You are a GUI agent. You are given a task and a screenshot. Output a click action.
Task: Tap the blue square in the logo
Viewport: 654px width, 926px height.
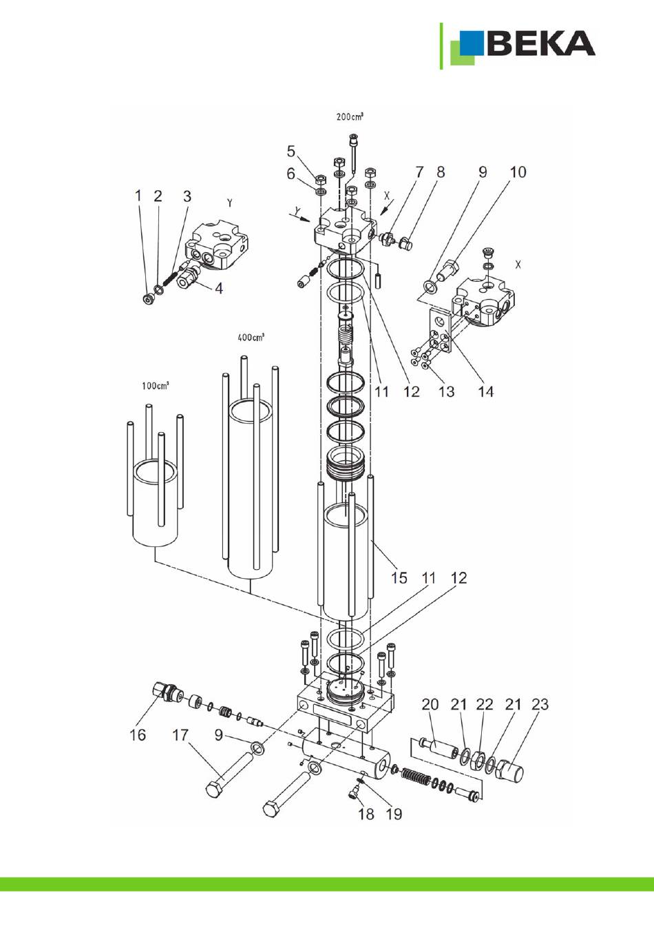[472, 43]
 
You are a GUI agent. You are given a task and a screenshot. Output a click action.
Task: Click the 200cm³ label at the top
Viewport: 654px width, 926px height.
[350, 117]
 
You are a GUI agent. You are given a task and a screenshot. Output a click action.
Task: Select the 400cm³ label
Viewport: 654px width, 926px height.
[251, 338]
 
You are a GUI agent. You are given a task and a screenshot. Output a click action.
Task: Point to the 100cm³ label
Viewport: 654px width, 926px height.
[156, 386]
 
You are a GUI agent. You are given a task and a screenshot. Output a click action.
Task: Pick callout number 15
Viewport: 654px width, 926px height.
[399, 577]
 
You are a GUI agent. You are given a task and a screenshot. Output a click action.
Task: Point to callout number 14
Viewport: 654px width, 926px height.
[486, 391]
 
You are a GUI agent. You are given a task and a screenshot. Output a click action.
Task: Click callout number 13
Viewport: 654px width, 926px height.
[446, 391]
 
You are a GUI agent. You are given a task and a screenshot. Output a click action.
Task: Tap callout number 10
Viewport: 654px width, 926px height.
[518, 172]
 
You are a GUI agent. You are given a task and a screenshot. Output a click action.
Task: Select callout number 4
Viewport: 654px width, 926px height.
[219, 288]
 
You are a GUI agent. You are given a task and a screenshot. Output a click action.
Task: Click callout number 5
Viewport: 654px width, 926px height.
[291, 152]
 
